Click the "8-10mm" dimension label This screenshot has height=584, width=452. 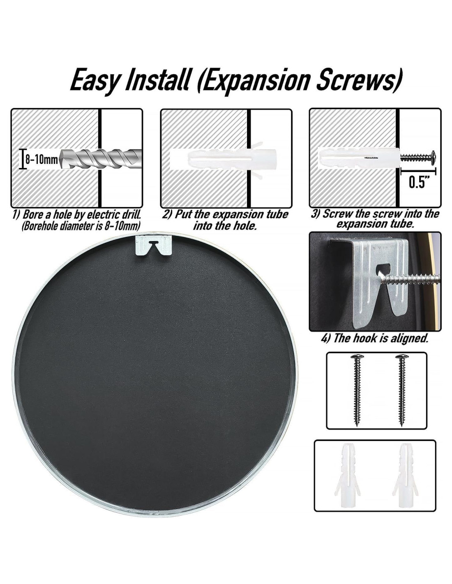click(42, 160)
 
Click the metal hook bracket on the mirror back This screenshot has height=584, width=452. click(153, 245)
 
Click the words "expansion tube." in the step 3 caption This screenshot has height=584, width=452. click(374, 224)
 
